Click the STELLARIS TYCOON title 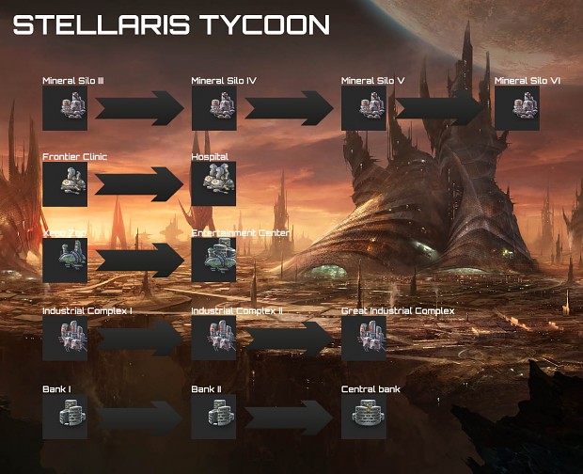click(x=171, y=25)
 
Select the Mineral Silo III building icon click(x=65, y=108)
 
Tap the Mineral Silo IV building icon click(x=213, y=108)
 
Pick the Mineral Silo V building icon click(x=364, y=108)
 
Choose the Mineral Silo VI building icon click(x=517, y=108)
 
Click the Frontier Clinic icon click(x=65, y=183)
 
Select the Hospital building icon click(x=213, y=183)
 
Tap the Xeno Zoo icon click(x=65, y=261)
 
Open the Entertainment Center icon click(x=213, y=261)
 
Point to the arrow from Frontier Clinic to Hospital click(x=138, y=183)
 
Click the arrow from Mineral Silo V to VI click(x=439, y=108)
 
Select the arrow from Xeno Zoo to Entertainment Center click(x=138, y=261)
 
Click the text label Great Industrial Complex click(x=398, y=310)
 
